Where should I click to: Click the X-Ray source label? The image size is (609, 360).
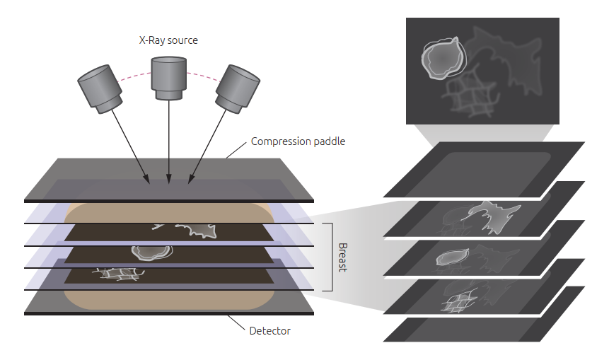point(168,40)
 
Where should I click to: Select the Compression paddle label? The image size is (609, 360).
point(298,141)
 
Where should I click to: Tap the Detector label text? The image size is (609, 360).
point(270,331)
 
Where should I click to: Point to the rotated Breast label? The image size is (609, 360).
point(342,257)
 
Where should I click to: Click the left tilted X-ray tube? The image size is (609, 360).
point(100,89)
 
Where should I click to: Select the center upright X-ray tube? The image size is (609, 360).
point(168,78)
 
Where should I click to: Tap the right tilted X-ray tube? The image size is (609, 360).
point(238,89)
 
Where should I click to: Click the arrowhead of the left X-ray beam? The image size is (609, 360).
point(147,179)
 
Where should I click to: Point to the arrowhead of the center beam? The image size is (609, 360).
point(168,179)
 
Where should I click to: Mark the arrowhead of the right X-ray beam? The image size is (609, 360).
point(191,179)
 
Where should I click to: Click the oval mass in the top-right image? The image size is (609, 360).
point(443,58)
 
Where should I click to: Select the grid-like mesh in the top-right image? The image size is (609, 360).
point(470,95)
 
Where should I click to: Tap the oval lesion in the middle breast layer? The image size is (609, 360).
point(152,252)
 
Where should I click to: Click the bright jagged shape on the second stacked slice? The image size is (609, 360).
point(492,216)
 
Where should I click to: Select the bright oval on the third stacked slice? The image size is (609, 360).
point(452,257)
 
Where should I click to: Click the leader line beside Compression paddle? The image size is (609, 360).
point(236,150)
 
